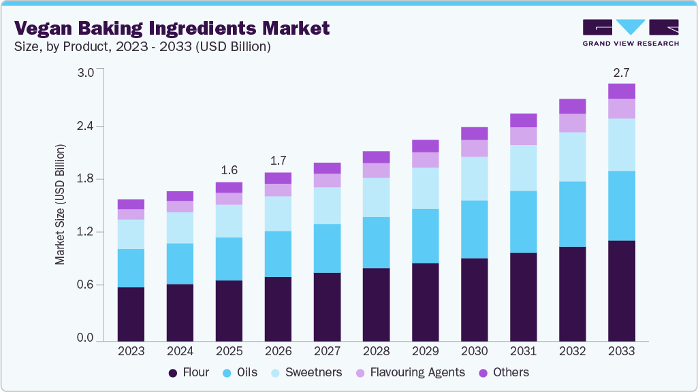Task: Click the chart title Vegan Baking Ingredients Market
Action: pyautogui.click(x=172, y=28)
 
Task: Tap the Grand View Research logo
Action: pyautogui.click(x=630, y=32)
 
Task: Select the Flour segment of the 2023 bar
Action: pyautogui.click(x=131, y=314)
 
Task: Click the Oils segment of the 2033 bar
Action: pyautogui.click(x=621, y=206)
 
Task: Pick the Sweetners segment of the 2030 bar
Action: pyautogui.click(x=474, y=178)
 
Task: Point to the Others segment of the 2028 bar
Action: pyautogui.click(x=376, y=157)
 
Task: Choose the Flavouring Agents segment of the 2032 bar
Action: pyautogui.click(x=572, y=122)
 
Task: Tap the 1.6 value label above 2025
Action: pyautogui.click(x=229, y=169)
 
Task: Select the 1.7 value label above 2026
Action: pyautogui.click(x=278, y=161)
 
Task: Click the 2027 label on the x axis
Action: pyautogui.click(x=327, y=351)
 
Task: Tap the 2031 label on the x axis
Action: pyautogui.click(x=523, y=351)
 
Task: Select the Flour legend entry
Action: pyautogui.click(x=189, y=372)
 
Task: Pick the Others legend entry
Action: pyautogui.click(x=505, y=372)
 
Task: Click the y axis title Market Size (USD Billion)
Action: pyautogui.click(x=60, y=204)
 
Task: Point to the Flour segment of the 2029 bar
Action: pyautogui.click(x=425, y=301)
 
